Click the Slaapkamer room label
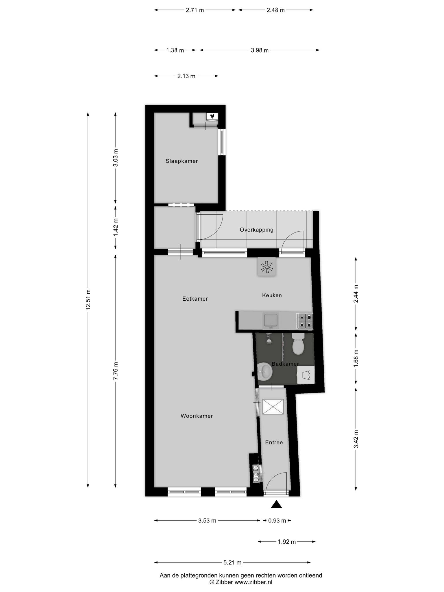pyautogui.click(x=182, y=161)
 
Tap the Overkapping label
pyautogui.click(x=256, y=230)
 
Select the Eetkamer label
pyautogui.click(x=195, y=299)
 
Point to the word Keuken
pyautogui.click(x=272, y=295)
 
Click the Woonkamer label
pyautogui.click(x=197, y=416)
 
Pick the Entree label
pyautogui.click(x=274, y=443)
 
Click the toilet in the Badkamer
pyautogui.click(x=298, y=344)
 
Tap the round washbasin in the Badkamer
pyautogui.click(x=264, y=371)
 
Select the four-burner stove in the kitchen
pyautogui.click(x=304, y=321)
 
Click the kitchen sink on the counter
pyautogui.click(x=271, y=321)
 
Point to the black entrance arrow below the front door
pyautogui.click(x=276, y=504)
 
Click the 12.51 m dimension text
pyautogui.click(x=88, y=299)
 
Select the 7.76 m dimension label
pyautogui.click(x=116, y=371)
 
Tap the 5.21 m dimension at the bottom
pyautogui.click(x=232, y=563)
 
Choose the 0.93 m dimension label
pyautogui.click(x=277, y=521)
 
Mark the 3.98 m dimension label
pyautogui.click(x=260, y=50)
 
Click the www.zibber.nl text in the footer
pyautogui.click(x=253, y=582)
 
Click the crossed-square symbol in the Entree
pyautogui.click(x=273, y=407)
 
